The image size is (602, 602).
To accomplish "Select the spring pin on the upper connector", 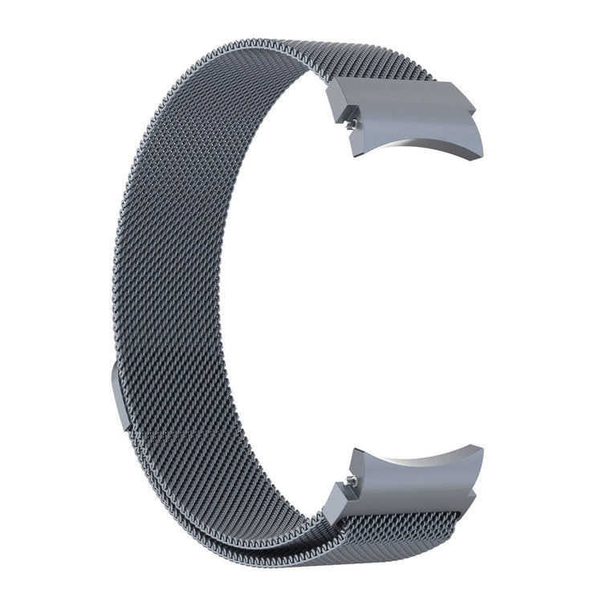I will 352,124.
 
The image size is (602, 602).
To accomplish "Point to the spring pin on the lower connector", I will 351,480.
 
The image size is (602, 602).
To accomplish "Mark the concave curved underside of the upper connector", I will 417,148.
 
